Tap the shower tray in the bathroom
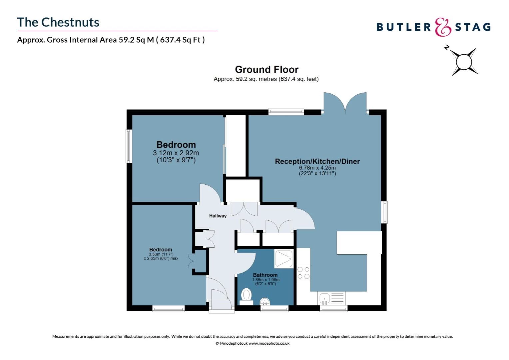(x=283, y=259)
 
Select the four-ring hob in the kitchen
(x=303, y=273)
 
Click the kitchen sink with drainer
(x=332, y=298)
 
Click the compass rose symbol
(x=464, y=62)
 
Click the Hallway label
(x=218, y=216)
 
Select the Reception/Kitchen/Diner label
(x=317, y=161)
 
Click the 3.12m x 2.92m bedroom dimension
(x=176, y=153)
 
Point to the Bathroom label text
(x=265, y=275)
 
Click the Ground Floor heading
(x=266, y=69)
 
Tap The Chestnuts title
(x=58, y=22)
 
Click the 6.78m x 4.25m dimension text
(x=317, y=168)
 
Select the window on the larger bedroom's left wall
(x=129, y=146)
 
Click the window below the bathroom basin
(x=274, y=309)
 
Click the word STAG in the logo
(x=473, y=27)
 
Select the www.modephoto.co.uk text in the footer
(x=269, y=343)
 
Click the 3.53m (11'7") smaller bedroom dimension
(x=161, y=254)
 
